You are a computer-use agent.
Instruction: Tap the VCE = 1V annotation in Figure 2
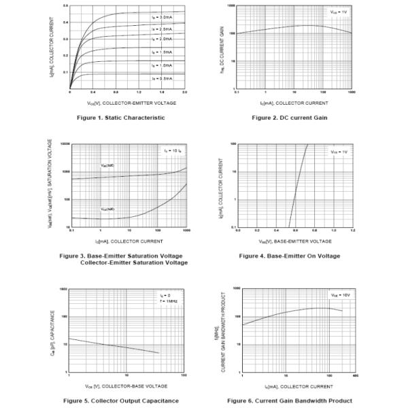338,12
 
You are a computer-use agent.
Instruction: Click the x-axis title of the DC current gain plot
294,103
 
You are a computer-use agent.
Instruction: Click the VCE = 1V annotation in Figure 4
338,152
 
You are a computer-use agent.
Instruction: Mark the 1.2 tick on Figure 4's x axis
352,231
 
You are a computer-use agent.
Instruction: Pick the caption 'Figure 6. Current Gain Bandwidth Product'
290,401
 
